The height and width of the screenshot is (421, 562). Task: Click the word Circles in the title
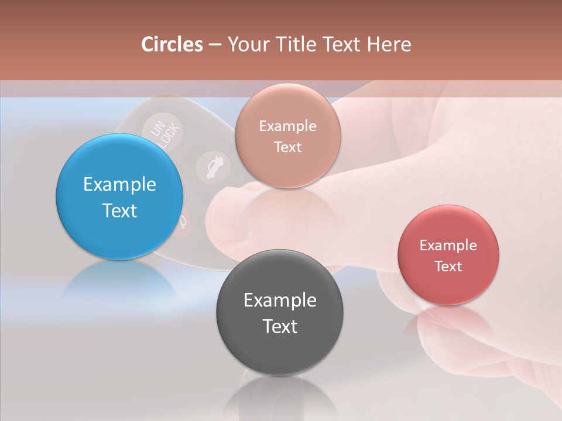coord(172,44)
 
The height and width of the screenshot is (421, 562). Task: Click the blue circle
coord(119,197)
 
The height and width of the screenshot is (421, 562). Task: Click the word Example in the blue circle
coord(119,185)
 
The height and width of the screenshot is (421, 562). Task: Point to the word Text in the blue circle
coord(119,210)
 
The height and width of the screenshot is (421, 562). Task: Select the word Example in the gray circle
coord(280,301)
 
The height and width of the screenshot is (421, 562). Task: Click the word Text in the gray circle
coord(280,326)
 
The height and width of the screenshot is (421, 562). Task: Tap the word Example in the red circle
coord(448,246)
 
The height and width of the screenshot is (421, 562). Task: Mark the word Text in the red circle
coord(448,267)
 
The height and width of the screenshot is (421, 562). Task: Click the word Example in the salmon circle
coord(287,126)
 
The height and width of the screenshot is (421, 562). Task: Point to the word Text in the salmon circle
coord(287,147)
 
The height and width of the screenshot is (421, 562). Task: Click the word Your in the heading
coord(246,44)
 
